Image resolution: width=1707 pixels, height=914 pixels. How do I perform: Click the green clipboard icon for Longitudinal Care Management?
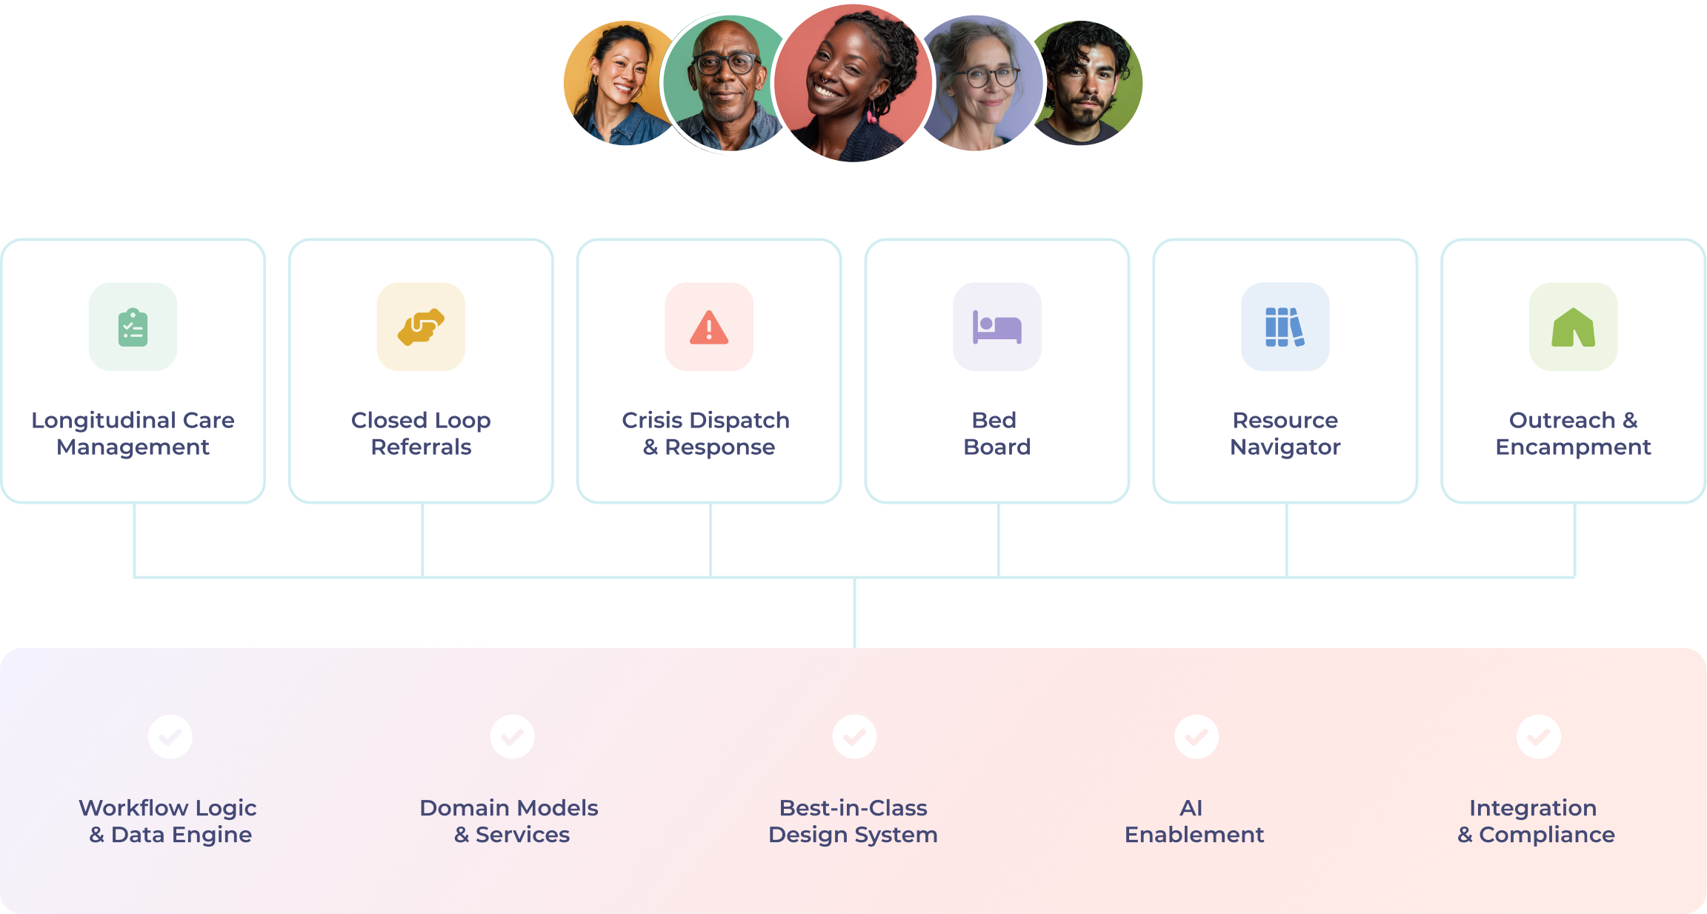point(133,327)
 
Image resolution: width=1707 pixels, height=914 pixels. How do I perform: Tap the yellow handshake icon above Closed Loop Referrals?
point(421,327)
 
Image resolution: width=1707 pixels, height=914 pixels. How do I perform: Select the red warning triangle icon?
point(709,327)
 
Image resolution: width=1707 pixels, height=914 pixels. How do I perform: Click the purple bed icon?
point(996,327)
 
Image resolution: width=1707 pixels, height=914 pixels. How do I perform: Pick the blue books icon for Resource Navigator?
point(1285,327)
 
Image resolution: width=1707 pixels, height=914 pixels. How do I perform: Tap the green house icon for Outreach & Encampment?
point(1573,327)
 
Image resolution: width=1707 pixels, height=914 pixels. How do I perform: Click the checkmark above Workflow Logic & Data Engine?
point(170,736)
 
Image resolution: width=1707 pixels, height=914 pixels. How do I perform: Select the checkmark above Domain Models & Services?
point(512,736)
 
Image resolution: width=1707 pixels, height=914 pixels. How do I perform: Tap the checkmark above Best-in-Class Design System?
point(854,736)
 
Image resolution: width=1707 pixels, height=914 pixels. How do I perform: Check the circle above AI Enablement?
point(1197,736)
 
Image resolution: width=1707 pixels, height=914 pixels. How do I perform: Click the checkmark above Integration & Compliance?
point(1539,736)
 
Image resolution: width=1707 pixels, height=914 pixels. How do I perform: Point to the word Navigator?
point(1285,447)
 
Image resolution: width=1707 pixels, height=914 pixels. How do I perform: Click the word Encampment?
point(1573,447)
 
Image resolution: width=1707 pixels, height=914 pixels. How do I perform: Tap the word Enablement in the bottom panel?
point(1194,835)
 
